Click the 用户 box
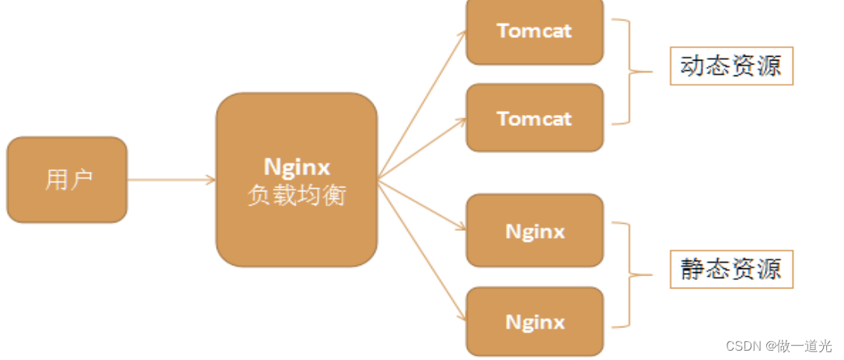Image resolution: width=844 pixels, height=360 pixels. click(67, 180)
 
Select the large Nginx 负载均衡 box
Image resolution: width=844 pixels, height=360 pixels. click(296, 180)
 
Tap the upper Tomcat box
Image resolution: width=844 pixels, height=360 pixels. click(535, 31)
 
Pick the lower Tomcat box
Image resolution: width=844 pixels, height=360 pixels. click(535, 118)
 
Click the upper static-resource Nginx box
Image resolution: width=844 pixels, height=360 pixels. click(535, 231)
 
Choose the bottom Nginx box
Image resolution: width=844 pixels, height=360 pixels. click(535, 321)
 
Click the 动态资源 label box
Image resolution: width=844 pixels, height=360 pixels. click(731, 68)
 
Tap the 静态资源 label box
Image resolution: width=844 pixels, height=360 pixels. click(731, 271)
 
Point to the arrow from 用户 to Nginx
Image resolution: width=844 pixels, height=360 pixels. click(171, 180)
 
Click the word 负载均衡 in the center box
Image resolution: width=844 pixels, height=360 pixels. click(296, 194)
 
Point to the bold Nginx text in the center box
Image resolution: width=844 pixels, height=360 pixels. click(296, 166)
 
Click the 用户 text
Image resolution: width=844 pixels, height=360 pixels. click(68, 180)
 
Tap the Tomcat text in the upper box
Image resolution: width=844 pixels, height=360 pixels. click(535, 31)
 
